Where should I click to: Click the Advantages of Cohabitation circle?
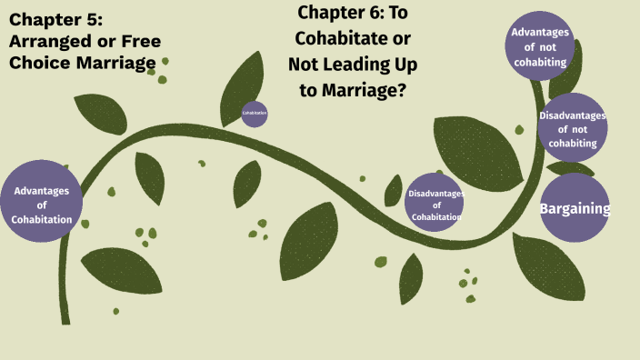coord(42,202)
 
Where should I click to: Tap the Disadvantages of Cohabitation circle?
coord(435,202)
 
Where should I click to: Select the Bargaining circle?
coord(575,208)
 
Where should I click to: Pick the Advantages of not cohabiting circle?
coord(540,46)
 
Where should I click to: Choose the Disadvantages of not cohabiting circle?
coord(572,127)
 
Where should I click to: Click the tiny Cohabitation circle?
coord(255,114)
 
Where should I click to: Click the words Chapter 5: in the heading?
coord(52,20)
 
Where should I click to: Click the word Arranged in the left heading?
coord(46,42)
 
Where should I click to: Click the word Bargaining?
coord(575,209)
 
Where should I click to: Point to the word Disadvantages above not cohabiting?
coord(572,115)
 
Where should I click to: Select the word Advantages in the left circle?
coord(42,190)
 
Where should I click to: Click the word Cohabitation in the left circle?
coord(42,219)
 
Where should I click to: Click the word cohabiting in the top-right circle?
coord(540,62)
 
